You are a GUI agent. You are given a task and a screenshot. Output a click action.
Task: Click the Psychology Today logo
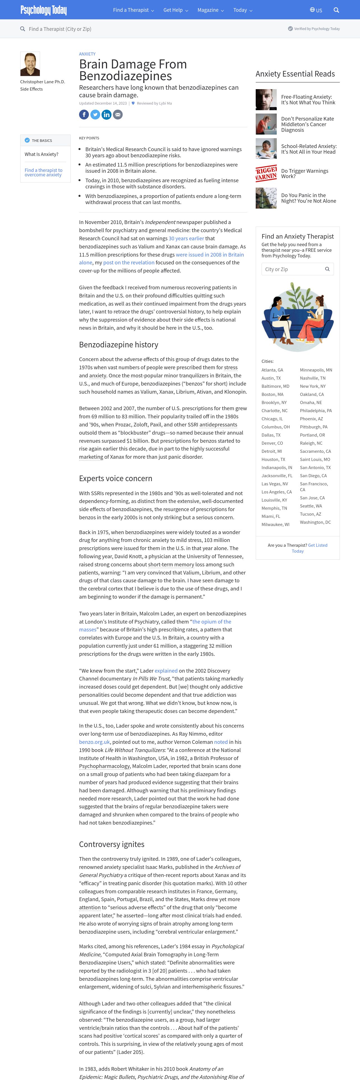click(x=43, y=10)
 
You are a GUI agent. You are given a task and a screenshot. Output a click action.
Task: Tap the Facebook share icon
click(x=84, y=114)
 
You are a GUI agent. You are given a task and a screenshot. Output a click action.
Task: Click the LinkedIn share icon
click(x=107, y=114)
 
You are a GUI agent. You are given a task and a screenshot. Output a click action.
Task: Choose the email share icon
click(x=118, y=114)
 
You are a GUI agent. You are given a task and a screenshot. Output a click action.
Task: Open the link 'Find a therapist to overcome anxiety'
click(x=43, y=172)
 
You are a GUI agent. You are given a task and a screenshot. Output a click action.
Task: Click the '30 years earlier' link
click(x=186, y=238)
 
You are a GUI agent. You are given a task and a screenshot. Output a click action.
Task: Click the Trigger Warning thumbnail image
click(x=266, y=173)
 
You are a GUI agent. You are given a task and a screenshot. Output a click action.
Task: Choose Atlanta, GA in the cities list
click(x=273, y=370)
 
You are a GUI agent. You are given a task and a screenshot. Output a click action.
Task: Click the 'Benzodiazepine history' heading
click(x=119, y=345)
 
